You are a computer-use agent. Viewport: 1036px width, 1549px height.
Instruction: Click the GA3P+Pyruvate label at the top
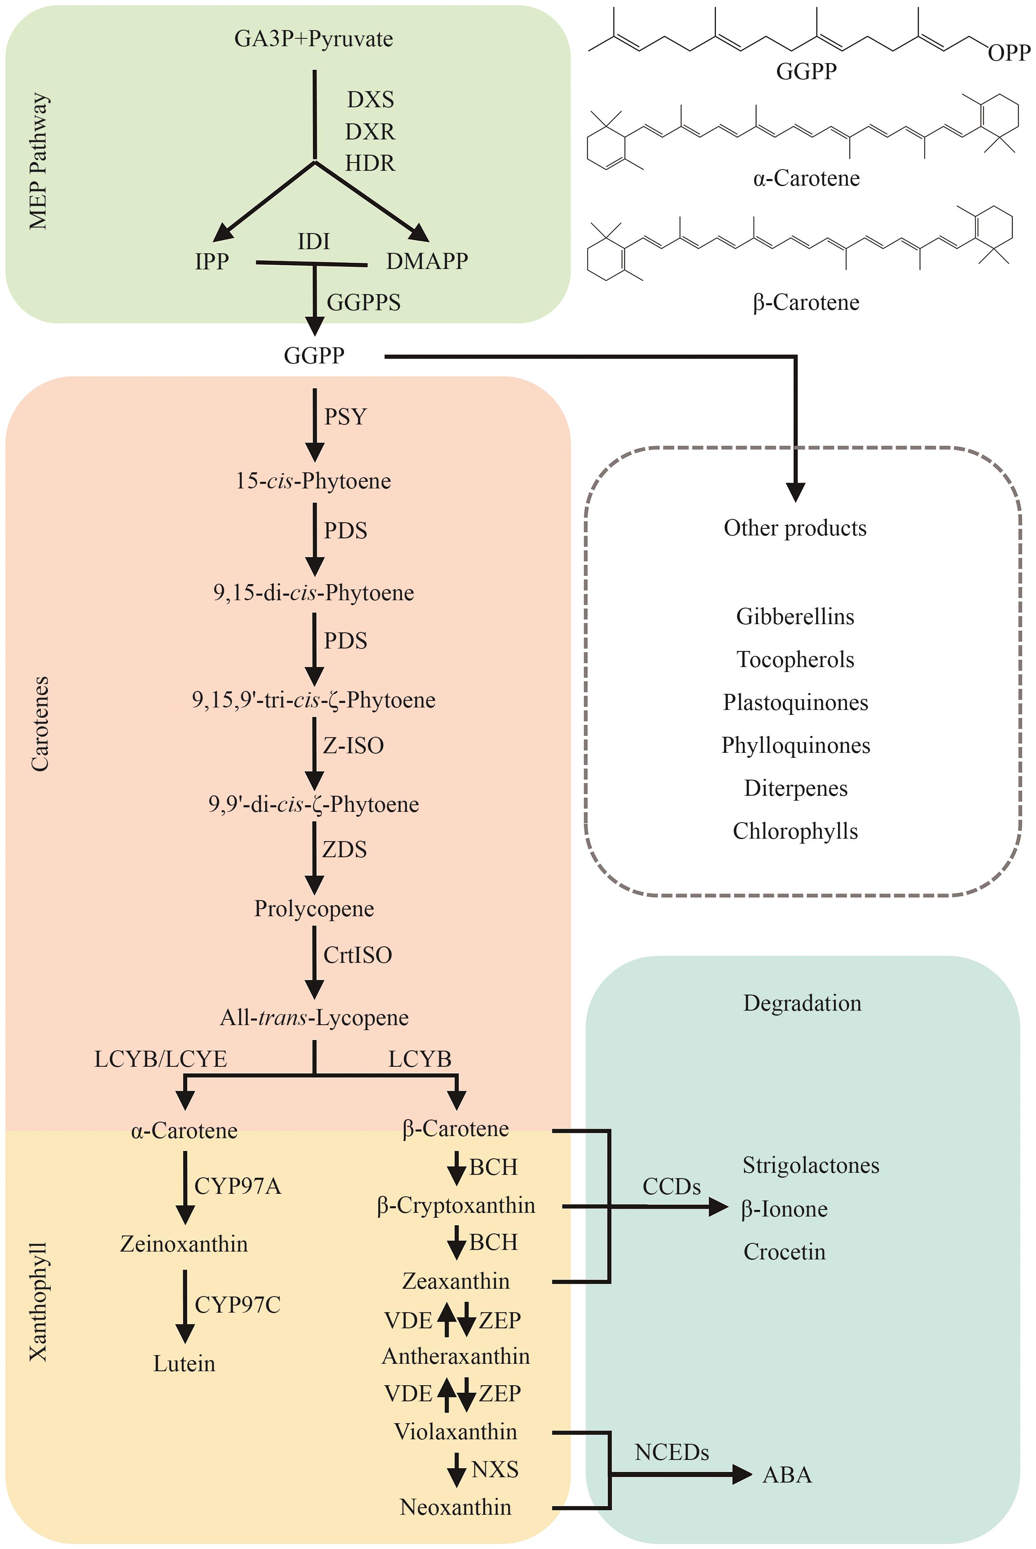point(314,39)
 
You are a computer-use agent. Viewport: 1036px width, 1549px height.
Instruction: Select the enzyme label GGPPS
point(364,303)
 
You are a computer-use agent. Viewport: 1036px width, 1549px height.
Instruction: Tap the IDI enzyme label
point(314,242)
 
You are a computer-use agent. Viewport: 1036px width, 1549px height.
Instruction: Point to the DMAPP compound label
point(427,261)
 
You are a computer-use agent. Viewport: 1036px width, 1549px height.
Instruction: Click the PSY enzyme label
point(345,417)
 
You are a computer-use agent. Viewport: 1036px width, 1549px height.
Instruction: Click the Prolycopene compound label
point(314,909)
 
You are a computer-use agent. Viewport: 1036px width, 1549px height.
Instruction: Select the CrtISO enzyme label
point(358,955)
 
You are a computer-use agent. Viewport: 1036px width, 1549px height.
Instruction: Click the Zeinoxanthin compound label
point(184,1244)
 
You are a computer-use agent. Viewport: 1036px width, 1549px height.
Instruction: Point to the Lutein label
point(184,1363)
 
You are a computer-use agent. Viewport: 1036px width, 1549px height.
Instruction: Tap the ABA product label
point(787,1475)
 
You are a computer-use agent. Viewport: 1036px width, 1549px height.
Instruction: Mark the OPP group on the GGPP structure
point(1009,53)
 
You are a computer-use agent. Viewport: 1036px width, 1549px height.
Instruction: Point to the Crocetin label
point(784,1252)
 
